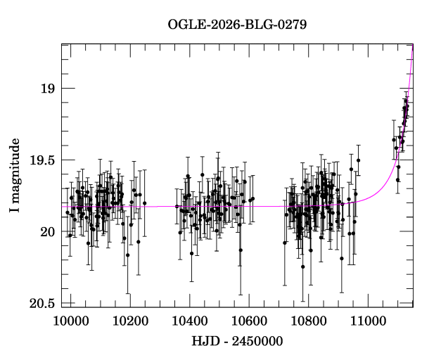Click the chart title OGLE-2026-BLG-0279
237,25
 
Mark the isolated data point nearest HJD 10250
145,204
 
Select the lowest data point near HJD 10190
127,255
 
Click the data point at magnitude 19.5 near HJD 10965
358,160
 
